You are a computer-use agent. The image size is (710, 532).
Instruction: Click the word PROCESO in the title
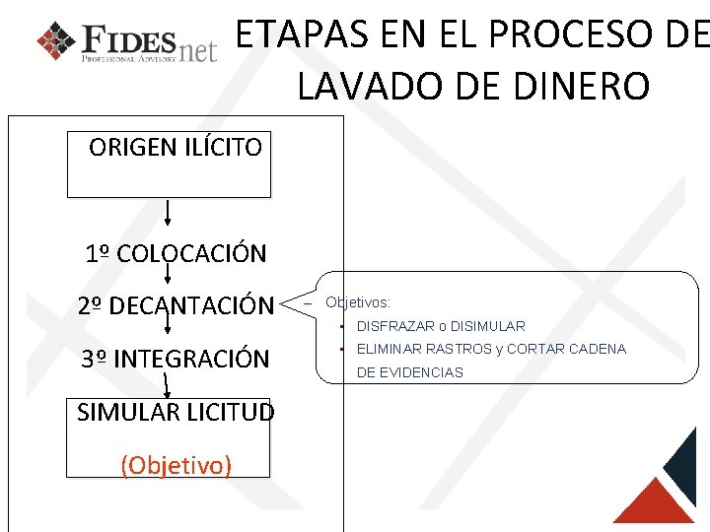[575, 36]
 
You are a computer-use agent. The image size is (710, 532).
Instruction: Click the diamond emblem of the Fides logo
[55, 40]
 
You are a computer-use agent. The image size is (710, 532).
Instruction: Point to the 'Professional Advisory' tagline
[129, 59]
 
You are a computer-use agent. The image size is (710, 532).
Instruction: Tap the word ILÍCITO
[224, 148]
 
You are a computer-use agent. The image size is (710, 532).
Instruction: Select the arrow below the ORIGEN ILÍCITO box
[168, 213]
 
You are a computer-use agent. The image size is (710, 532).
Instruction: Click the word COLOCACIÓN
[191, 253]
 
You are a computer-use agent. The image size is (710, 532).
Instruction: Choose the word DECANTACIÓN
[191, 306]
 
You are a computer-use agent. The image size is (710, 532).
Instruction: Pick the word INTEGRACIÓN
[191, 359]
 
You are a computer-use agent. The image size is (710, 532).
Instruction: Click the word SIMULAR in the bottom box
[124, 412]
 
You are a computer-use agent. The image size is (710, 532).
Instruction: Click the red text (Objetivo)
[177, 464]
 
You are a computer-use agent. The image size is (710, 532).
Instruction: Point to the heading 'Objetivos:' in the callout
[358, 302]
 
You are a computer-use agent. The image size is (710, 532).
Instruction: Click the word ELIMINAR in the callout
[389, 349]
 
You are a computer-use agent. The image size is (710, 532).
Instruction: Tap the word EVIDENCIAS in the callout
[423, 372]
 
